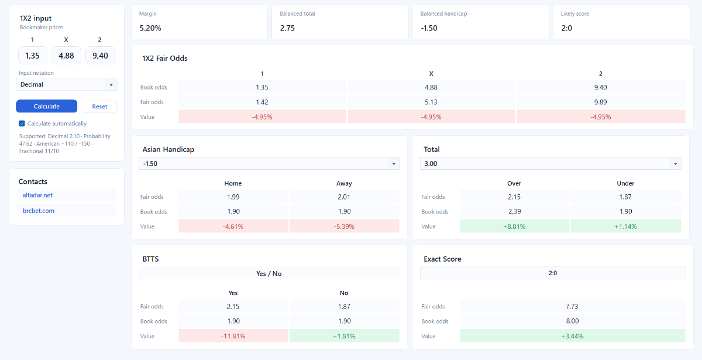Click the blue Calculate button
click(x=46, y=107)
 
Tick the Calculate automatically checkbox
click(x=22, y=124)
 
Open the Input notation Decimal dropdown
click(x=67, y=85)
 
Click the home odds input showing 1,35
click(x=33, y=56)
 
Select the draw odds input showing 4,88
click(x=67, y=56)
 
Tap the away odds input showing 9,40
click(x=100, y=56)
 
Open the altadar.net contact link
click(x=37, y=195)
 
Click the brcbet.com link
click(x=38, y=211)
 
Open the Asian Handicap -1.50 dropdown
click(x=269, y=164)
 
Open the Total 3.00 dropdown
click(x=550, y=164)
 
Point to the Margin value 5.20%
click(x=150, y=28)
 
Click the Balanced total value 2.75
click(x=287, y=28)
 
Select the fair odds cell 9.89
click(x=601, y=102)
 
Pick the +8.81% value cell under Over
click(x=514, y=227)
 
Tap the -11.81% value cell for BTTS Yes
click(x=233, y=336)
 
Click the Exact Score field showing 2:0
click(x=553, y=273)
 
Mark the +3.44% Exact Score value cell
click(x=572, y=336)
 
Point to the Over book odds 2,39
click(x=514, y=211)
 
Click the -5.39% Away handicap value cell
click(x=344, y=227)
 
